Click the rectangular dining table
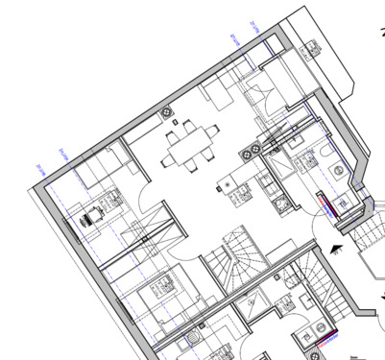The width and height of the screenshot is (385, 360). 187,148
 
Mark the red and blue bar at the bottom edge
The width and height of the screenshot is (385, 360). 325,338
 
